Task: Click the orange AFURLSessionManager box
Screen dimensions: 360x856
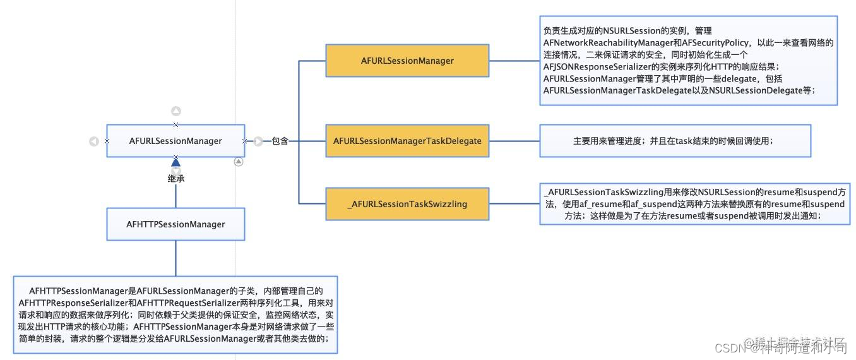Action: pyautogui.click(x=407, y=61)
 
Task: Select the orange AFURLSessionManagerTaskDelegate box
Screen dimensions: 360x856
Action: pyautogui.click(x=407, y=141)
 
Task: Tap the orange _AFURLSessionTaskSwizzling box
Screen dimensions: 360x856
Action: pyautogui.click(x=407, y=204)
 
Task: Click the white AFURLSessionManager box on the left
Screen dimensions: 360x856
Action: pyautogui.click(x=175, y=141)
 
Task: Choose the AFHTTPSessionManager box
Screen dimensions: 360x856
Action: pyautogui.click(x=175, y=224)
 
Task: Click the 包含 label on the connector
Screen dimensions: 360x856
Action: pyautogui.click(x=280, y=141)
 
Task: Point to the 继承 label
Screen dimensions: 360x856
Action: pyautogui.click(x=176, y=179)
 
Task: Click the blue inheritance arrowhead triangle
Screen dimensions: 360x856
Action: pyautogui.click(x=176, y=162)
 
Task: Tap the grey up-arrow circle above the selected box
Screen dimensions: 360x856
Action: pyautogui.click(x=176, y=111)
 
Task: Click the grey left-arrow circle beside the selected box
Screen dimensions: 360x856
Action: pyautogui.click(x=94, y=141)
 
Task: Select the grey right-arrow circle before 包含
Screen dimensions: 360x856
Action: pyautogui.click(x=258, y=141)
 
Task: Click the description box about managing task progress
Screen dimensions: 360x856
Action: pyautogui.click(x=674, y=141)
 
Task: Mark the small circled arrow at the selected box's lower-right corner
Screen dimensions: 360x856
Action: pyautogui.click(x=238, y=162)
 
